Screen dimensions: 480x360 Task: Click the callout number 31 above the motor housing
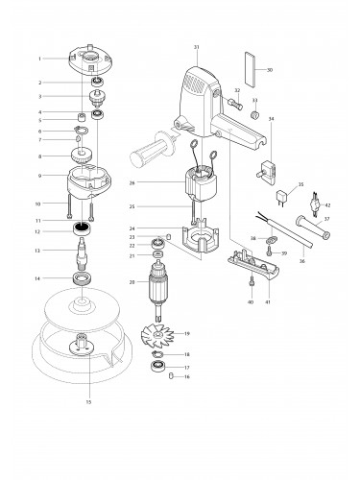point(196,47)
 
